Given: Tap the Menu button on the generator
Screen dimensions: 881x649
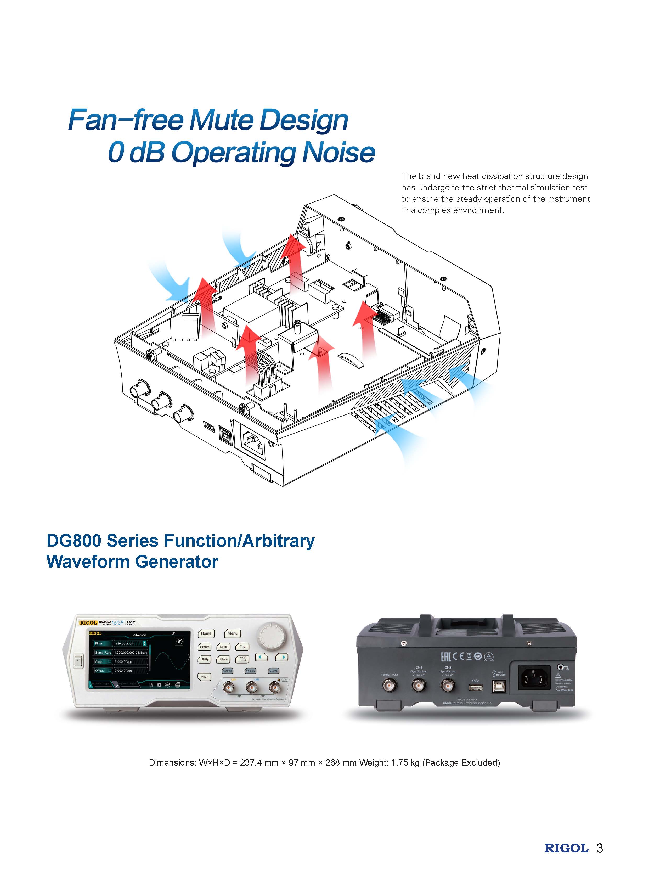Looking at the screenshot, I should point(232,633).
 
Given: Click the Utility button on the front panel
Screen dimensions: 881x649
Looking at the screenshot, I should point(205,659).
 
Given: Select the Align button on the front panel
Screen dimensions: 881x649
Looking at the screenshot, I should point(205,677).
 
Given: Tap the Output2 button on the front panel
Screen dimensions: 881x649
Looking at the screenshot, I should point(250,671).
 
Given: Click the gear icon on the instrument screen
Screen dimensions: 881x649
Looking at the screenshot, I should point(159,685).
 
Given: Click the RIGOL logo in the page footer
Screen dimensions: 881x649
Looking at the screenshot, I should point(566,848).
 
